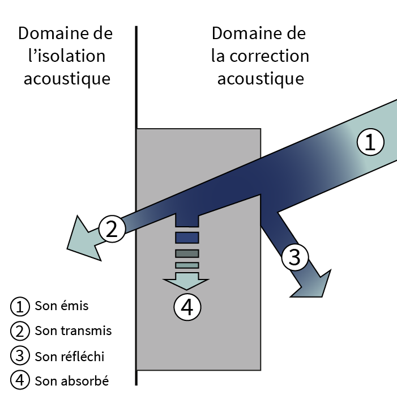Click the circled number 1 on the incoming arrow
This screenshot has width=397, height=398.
[370, 142]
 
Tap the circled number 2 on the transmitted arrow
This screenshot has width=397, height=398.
[112, 229]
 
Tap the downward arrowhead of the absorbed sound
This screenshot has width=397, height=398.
[186, 283]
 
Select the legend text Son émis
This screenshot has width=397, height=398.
[62, 306]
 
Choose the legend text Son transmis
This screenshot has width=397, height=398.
[73, 331]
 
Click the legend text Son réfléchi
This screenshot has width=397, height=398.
[70, 356]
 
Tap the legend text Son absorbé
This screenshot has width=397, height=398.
[71, 380]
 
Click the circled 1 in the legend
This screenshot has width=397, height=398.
[19, 307]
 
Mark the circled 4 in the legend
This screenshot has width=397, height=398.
[19, 381]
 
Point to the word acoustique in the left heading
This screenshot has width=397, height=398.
[66, 79]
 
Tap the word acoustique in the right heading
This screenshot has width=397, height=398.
[261, 79]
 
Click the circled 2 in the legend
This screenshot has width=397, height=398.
[19, 331]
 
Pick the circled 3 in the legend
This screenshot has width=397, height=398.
[19, 356]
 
